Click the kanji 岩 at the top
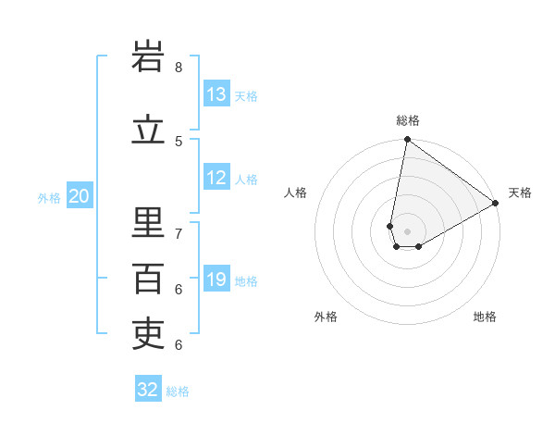tap(149, 58)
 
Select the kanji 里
tap(149, 223)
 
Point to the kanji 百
tap(149, 279)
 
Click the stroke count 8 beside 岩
tap(179, 68)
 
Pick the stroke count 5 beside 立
tap(179, 141)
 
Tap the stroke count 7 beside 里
tap(179, 233)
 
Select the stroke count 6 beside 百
tap(179, 289)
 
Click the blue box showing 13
tap(216, 94)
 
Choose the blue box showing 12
tap(216, 178)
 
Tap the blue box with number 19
tap(216, 280)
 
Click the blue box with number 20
tap(80, 196)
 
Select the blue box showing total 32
tap(148, 390)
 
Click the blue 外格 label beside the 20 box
tap(49, 197)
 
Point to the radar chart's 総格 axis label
tap(408, 120)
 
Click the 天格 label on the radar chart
tap(520, 193)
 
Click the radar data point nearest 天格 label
tap(496, 204)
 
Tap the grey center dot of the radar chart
tap(408, 231)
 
